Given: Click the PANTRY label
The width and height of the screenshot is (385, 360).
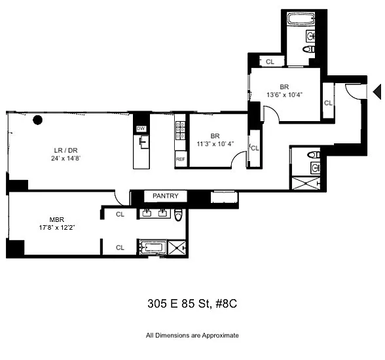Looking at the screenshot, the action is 165,196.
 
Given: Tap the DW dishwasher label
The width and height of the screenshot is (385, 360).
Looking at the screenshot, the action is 141,128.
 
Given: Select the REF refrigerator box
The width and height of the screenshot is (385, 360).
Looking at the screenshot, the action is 181,159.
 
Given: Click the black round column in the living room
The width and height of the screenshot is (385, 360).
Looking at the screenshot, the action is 37,120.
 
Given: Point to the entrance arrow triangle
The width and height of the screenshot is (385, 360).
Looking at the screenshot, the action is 377,92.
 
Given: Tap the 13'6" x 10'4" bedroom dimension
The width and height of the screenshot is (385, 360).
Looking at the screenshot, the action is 284,94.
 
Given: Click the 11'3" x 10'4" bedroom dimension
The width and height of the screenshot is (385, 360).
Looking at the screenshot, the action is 215,143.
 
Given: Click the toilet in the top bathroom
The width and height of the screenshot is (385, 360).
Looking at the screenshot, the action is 308,49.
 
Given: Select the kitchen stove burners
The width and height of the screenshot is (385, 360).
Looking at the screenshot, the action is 180,130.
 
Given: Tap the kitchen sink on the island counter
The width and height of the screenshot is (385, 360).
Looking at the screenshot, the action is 144,142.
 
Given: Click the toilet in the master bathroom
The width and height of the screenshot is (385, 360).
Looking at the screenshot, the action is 179,215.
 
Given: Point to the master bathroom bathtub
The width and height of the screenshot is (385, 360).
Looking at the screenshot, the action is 153,247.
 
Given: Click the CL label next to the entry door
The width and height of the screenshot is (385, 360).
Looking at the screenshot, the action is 328,103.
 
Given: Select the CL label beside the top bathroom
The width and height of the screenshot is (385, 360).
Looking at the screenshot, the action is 270,62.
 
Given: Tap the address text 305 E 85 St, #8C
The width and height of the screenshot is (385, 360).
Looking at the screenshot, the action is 192,304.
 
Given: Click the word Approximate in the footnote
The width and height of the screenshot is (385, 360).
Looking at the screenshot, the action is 220,336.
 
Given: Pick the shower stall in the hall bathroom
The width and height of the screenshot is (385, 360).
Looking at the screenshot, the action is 306,183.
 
